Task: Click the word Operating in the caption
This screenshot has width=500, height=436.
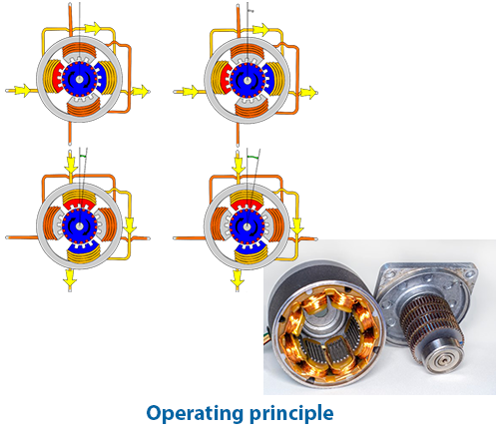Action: pos(196,414)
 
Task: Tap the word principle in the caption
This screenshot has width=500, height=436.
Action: pos(291,414)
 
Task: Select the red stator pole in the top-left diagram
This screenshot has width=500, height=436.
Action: pos(57,78)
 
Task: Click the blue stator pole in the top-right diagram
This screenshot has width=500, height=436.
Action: pos(268,79)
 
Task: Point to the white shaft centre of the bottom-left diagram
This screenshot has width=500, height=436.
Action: pos(79,225)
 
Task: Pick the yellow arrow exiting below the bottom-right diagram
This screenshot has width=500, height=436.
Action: pos(238,278)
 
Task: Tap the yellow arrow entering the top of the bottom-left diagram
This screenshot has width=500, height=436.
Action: pos(71,164)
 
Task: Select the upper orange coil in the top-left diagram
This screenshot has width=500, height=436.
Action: pos(79,50)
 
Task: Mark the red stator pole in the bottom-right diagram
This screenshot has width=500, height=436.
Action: pos(247,205)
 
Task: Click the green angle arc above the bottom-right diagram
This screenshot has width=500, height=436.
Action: pos(252,157)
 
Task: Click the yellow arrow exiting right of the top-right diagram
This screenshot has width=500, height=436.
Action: pos(307,93)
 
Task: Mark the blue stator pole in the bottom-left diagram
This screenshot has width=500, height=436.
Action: pos(81,246)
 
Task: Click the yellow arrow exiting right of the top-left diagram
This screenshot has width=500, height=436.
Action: pos(140,91)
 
